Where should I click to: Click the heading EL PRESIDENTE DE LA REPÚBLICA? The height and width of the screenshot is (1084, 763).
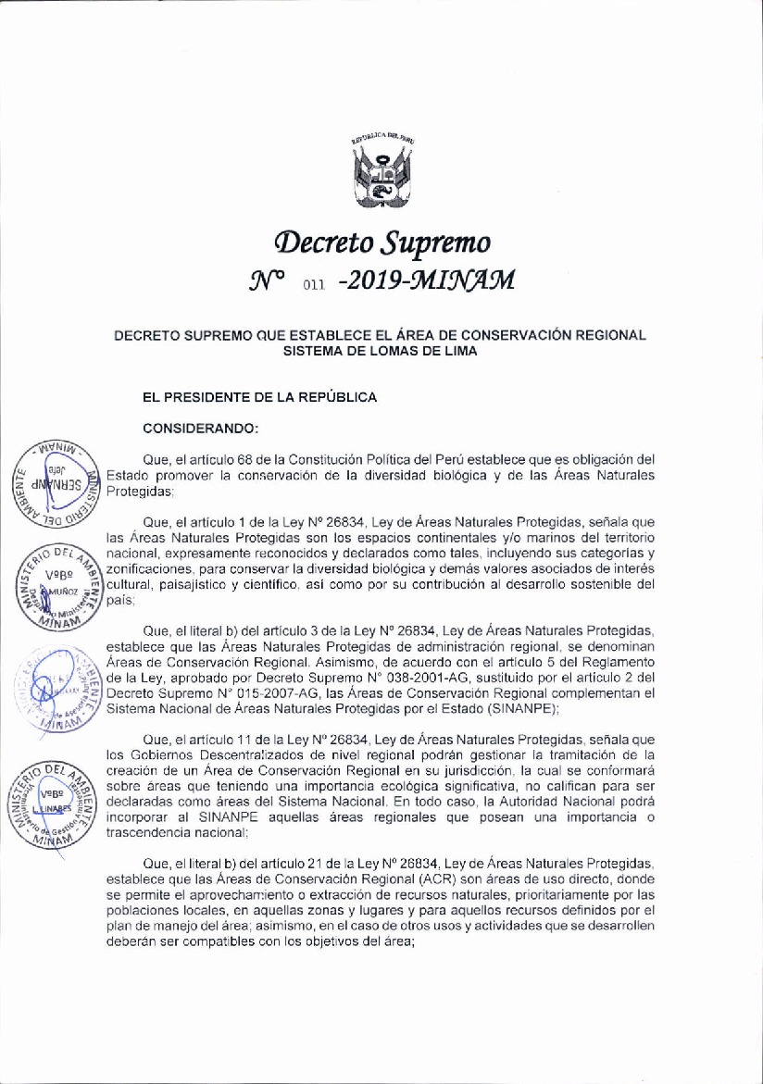(x=259, y=397)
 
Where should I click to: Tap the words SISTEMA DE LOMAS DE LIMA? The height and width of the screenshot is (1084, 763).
(x=380, y=350)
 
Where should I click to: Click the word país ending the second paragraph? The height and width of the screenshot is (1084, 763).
(x=120, y=598)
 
